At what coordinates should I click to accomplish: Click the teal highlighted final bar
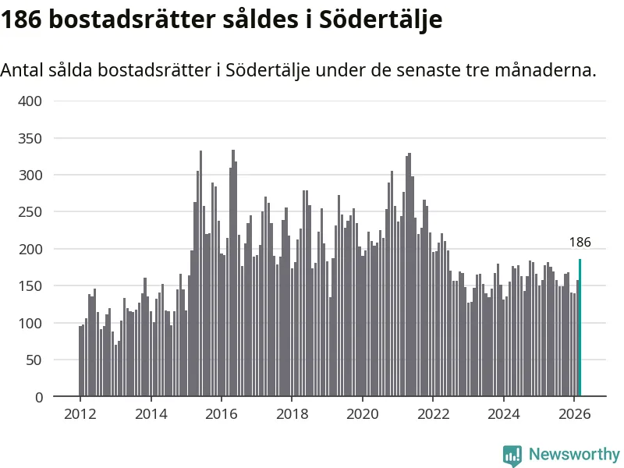tap(580, 328)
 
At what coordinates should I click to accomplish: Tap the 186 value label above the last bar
tap(580, 242)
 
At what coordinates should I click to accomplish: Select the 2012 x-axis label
tap(80, 414)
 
